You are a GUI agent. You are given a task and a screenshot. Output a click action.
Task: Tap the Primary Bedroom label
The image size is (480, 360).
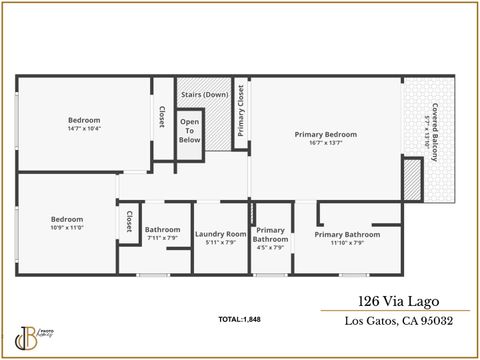pos(325,134)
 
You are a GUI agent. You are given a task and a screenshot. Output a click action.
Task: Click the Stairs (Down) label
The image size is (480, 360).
pos(204,95)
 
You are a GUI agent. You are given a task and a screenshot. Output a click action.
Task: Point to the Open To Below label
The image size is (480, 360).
pos(189,131)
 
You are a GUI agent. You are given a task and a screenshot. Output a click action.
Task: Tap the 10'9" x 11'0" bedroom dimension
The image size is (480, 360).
pos(67,227)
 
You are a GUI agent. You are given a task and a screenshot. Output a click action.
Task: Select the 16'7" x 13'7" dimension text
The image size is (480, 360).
pos(325,142)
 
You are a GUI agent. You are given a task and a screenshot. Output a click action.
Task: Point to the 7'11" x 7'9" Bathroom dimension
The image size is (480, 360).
pos(162,238)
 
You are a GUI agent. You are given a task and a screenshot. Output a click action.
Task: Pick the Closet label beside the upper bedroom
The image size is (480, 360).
pos(161,118)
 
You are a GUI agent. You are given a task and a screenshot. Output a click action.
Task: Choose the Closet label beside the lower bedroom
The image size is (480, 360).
pos(128,222)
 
